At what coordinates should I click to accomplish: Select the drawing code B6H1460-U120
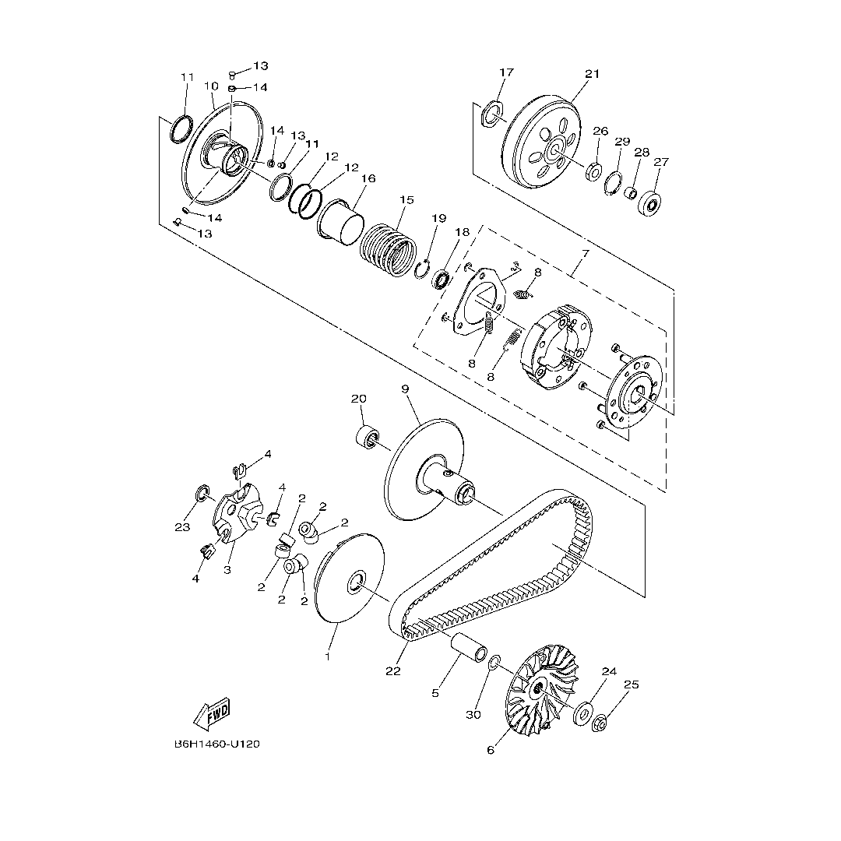point(216,744)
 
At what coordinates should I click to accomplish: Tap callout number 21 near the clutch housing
point(592,73)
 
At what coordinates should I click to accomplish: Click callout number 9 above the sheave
point(405,389)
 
